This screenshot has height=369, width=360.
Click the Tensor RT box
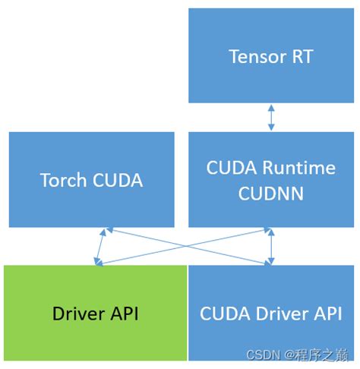[270, 55]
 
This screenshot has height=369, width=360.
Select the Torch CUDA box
[91, 180]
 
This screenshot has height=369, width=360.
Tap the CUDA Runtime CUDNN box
[270, 180]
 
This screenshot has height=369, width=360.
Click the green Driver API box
[94, 313]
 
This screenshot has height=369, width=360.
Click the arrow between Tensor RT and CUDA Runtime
[270, 117]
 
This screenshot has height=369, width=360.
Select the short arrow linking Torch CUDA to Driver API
[103, 246]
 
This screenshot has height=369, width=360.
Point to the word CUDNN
[270, 193]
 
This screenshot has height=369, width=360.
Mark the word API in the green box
[122, 313]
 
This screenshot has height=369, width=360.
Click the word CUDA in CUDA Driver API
[224, 313]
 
